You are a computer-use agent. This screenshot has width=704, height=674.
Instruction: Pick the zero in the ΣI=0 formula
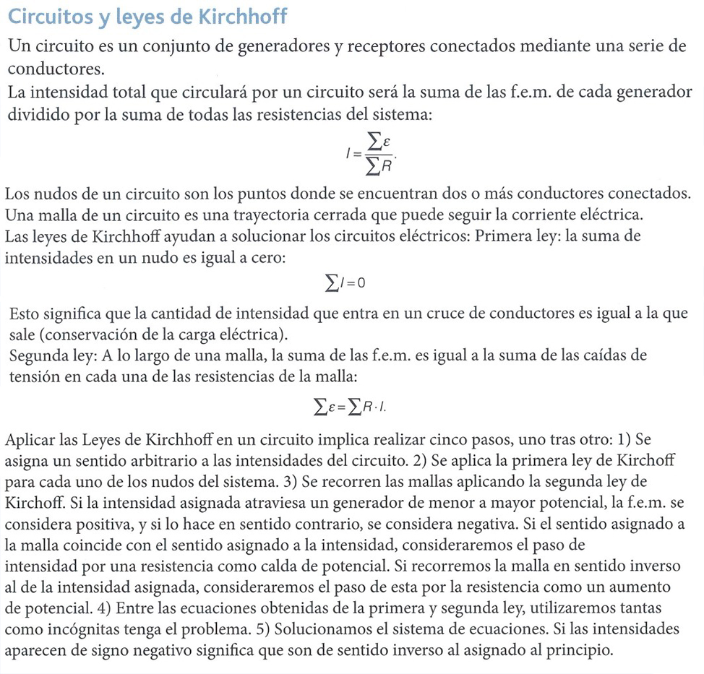coord(361,282)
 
